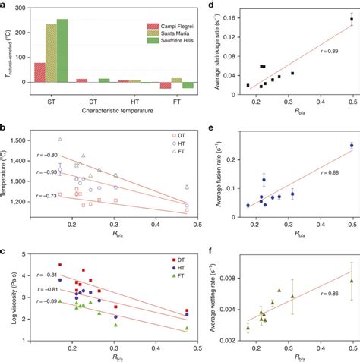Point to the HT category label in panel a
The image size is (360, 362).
[x=134, y=102]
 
